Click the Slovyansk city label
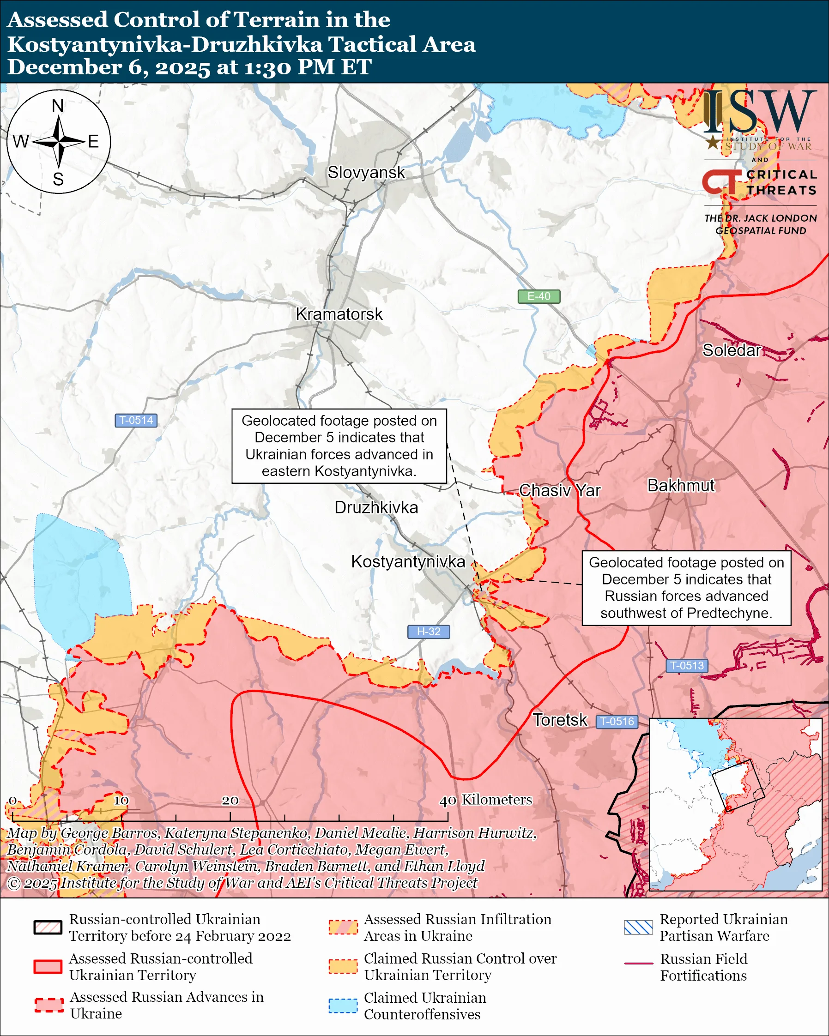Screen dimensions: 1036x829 point(366,173)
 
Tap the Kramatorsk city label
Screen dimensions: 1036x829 point(339,314)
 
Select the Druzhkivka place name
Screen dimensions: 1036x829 point(376,507)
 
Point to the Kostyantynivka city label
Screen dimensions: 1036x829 point(408,561)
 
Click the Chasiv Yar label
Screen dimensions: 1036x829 point(559,490)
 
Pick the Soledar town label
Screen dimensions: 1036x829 point(732,350)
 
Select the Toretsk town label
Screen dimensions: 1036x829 point(560,720)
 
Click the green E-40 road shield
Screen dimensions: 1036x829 point(539,296)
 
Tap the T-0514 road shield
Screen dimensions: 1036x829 point(136,420)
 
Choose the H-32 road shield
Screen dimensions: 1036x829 point(428,632)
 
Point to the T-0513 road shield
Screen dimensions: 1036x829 point(686,666)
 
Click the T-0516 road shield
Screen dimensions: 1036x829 point(617,721)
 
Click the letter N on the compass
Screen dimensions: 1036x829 point(58,106)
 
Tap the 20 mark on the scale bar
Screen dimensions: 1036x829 point(230,801)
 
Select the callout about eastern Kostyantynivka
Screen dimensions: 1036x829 point(339,446)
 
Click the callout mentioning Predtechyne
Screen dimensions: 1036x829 point(686,588)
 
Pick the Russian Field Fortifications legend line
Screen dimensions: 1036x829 point(638,964)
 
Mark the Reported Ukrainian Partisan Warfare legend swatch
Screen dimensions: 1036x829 point(638,928)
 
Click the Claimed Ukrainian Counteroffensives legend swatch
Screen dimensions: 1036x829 point(343,1006)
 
